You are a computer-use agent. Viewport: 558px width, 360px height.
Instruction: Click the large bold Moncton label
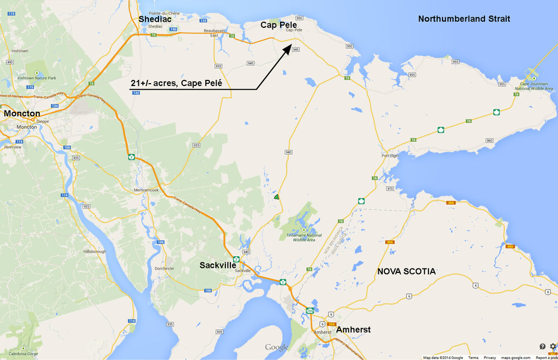coord(22,113)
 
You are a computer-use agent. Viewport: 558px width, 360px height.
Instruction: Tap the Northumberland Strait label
coord(464,19)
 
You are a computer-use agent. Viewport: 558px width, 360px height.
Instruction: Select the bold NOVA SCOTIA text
coord(406,271)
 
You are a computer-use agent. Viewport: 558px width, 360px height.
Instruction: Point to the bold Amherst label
coord(353,329)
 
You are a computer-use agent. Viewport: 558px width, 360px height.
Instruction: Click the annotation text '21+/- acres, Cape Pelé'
coord(176,83)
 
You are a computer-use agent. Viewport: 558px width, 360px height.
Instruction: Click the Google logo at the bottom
coord(277,348)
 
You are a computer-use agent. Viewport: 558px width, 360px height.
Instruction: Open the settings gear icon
coord(552,347)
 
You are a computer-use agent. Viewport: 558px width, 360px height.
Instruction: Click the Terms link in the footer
coord(473,358)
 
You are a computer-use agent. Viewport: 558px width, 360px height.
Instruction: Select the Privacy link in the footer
coord(490,358)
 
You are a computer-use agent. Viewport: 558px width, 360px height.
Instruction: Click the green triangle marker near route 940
coord(276,197)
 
